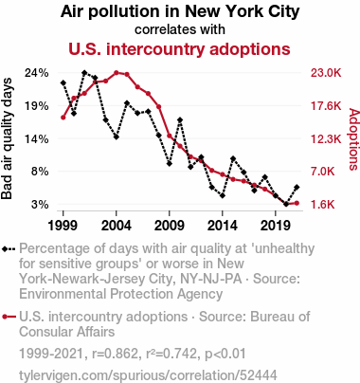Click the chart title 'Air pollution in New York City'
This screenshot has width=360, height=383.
pyautogui.click(x=180, y=11)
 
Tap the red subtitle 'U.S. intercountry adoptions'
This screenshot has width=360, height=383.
pyautogui.click(x=179, y=49)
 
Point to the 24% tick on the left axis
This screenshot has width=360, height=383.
pyautogui.click(x=37, y=73)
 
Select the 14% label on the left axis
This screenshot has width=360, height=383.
pyautogui.click(x=37, y=138)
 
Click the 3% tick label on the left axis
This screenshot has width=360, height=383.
pyautogui.click(x=40, y=205)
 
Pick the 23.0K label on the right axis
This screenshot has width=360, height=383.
pyautogui.click(x=326, y=73)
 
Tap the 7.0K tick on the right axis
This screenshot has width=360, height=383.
pyautogui.click(x=322, y=172)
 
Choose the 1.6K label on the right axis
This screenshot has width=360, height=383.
pyautogui.click(x=322, y=205)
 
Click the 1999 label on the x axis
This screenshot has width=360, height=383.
pyautogui.click(x=63, y=226)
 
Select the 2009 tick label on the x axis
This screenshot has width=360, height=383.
pyautogui.click(x=170, y=226)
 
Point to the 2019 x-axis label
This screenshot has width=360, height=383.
pyautogui.click(x=276, y=226)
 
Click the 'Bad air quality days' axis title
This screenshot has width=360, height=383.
pyautogui.click(x=7, y=138)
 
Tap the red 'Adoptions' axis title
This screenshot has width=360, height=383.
pyautogui.click(x=354, y=139)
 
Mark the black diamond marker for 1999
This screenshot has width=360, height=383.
pyautogui.click(x=63, y=82)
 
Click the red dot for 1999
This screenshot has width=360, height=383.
pyautogui.click(x=63, y=118)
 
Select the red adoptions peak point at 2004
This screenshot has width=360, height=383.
pyautogui.click(x=117, y=73)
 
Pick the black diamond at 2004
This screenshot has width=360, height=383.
pyautogui.click(x=117, y=137)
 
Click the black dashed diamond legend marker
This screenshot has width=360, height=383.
pyautogui.click(x=9, y=248)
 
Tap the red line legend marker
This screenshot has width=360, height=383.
pyautogui.click(x=9, y=317)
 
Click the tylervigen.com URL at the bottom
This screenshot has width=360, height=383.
pyautogui.click(x=148, y=375)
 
